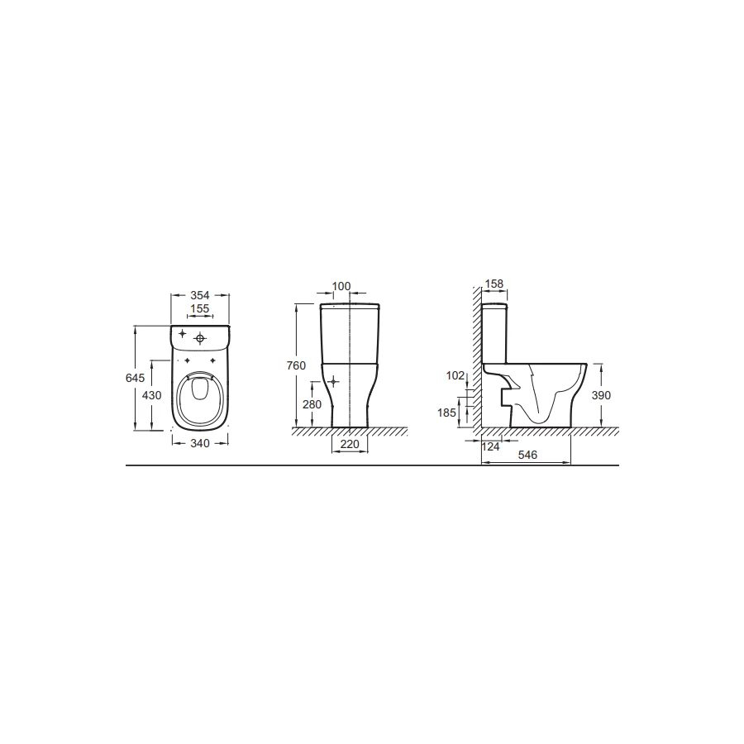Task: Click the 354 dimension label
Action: [200, 295]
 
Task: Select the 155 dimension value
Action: [200, 308]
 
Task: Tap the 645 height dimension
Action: [136, 378]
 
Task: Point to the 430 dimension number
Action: [152, 395]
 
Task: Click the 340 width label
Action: [200, 443]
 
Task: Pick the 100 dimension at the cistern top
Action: [341, 286]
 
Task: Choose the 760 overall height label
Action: [296, 365]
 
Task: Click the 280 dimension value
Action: [312, 404]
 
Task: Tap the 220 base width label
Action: [350, 444]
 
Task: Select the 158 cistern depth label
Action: [494, 284]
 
